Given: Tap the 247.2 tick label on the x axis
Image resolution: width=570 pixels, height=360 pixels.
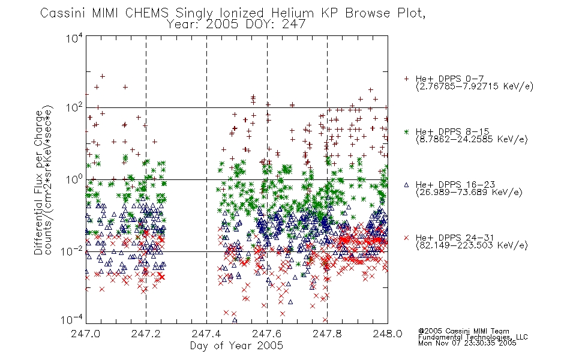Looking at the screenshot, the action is pyautogui.click(x=146, y=334).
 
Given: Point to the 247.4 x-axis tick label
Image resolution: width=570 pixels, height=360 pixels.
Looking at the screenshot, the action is pyautogui.click(x=206, y=334).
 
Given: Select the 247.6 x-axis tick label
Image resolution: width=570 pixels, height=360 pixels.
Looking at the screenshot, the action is pyautogui.click(x=267, y=334).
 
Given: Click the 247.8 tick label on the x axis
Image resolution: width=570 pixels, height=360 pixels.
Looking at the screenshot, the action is pyautogui.click(x=327, y=334).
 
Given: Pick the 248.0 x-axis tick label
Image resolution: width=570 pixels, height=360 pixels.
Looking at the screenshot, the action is pyautogui.click(x=388, y=334).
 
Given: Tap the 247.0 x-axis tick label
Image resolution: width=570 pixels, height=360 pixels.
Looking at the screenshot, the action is pyautogui.click(x=86, y=334).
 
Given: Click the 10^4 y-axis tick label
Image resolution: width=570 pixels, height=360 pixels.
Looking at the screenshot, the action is pyautogui.click(x=74, y=38).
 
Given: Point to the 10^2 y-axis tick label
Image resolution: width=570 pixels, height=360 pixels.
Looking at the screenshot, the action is pyautogui.click(x=74, y=107).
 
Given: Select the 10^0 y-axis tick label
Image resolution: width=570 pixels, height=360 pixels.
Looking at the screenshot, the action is pyautogui.click(x=74, y=179).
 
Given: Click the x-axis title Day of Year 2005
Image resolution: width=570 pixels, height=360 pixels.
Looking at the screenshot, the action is pyautogui.click(x=236, y=346).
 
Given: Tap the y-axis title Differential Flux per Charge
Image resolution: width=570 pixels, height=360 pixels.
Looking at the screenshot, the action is pyautogui.click(x=39, y=182).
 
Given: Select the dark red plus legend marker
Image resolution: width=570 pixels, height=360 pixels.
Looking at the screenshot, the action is pyautogui.click(x=406, y=79).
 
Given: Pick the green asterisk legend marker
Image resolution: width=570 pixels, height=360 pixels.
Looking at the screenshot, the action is pyautogui.click(x=406, y=131).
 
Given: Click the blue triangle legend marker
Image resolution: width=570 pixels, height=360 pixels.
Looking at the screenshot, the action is pyautogui.click(x=406, y=185).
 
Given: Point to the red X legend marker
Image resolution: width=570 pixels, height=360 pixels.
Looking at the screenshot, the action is pyautogui.click(x=406, y=238).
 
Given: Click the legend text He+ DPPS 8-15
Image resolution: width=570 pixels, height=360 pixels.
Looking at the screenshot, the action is pyautogui.click(x=452, y=131).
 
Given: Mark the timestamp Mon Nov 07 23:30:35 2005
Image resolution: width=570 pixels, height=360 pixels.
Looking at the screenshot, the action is pyautogui.click(x=467, y=343).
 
